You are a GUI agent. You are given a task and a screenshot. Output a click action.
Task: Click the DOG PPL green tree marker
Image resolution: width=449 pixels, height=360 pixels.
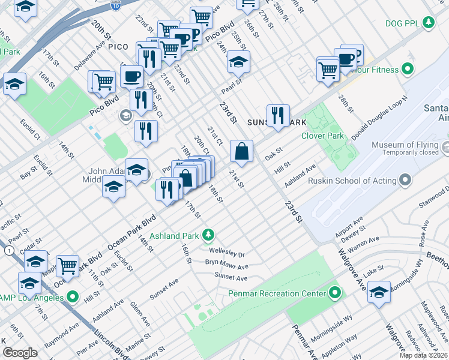(429, 23)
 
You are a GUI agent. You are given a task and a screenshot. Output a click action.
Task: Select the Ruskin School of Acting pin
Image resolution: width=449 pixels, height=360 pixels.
(405, 180)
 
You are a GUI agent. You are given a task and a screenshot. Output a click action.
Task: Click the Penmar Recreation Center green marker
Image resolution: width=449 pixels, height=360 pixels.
(335, 293)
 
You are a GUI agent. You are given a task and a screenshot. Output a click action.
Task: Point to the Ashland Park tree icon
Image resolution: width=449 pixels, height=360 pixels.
(208, 235)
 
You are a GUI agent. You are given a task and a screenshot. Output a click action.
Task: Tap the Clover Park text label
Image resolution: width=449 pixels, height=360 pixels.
(328, 136)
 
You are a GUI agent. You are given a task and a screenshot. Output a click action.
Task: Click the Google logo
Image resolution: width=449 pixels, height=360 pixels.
(20, 353)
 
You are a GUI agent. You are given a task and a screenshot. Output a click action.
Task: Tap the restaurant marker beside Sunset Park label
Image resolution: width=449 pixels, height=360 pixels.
(278, 116)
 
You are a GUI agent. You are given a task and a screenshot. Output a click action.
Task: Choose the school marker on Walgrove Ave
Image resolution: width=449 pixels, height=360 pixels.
(379, 293)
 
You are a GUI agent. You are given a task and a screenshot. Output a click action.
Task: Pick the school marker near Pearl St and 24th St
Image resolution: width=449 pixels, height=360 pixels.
(238, 62)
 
